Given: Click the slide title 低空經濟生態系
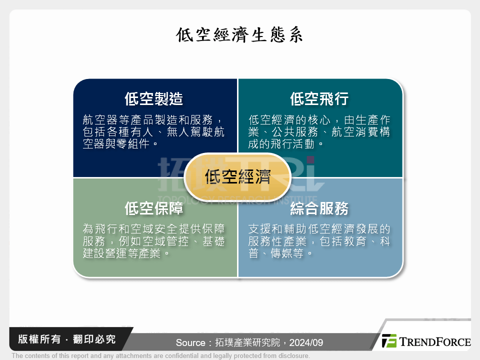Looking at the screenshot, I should (x=239, y=35).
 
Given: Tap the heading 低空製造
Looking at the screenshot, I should (x=153, y=99).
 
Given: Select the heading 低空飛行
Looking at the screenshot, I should (x=319, y=99).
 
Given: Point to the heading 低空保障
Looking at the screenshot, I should (x=153, y=208).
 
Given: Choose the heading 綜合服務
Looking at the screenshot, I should (x=319, y=208).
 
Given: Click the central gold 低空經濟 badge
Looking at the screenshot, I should (x=237, y=177).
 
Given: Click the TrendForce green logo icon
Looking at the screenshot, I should (x=389, y=341).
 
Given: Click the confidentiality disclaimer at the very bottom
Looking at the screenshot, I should (x=160, y=356).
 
